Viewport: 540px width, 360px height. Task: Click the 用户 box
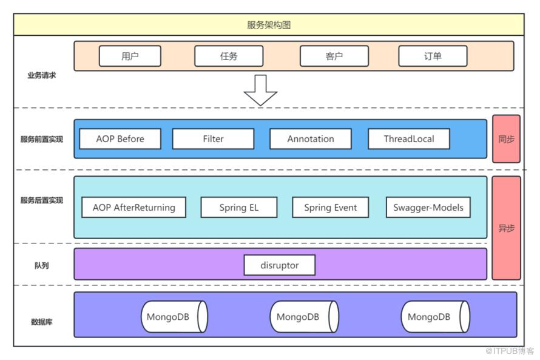[x=130, y=56]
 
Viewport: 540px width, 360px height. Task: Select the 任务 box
[x=229, y=56]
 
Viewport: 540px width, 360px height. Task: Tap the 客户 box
[x=334, y=56]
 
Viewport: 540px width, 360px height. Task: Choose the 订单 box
[x=433, y=56]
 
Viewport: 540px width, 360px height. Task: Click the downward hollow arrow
[x=260, y=90]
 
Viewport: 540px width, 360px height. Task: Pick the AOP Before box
[x=120, y=139]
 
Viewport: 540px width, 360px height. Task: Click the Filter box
[x=213, y=139]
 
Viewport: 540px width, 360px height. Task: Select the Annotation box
[x=311, y=139]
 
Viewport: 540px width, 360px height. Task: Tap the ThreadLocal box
[x=409, y=139]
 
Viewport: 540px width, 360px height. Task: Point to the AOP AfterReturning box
[x=133, y=208]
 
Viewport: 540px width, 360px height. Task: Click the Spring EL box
[x=239, y=208]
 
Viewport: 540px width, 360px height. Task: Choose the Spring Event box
[x=330, y=208]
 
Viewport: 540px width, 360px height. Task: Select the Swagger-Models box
[x=428, y=208]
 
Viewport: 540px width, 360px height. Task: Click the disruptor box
[x=279, y=265]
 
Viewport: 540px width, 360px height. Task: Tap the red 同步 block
[x=506, y=139]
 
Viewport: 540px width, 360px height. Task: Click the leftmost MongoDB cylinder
[x=174, y=316]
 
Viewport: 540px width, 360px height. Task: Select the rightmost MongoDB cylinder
[x=435, y=316]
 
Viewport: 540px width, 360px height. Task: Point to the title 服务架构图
[x=269, y=25]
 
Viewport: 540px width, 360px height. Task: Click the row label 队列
[x=41, y=266]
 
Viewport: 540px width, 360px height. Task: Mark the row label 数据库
[x=42, y=322]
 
